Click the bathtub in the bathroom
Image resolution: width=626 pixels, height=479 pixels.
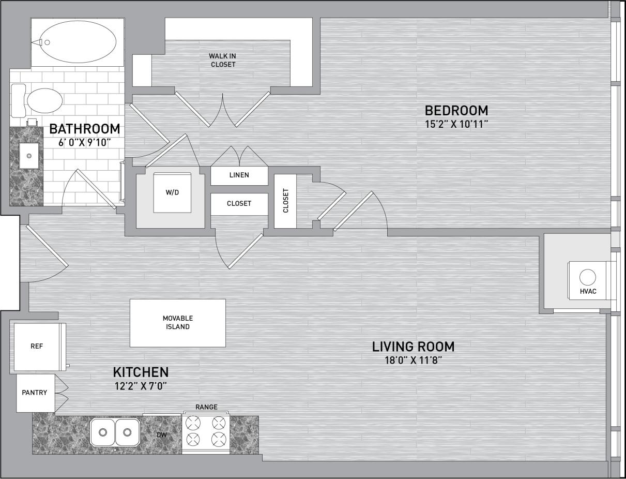coord(78,43)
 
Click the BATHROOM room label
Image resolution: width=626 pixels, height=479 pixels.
coord(84,129)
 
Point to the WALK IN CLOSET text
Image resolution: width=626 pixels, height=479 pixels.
coord(222,60)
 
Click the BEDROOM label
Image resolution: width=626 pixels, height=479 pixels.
coord(456,110)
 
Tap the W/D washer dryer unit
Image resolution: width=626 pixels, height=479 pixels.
coord(173,192)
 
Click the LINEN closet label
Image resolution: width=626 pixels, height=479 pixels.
coord(239,175)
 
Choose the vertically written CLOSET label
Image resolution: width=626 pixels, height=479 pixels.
coord(286,201)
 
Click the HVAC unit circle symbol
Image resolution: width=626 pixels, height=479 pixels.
coord(588,277)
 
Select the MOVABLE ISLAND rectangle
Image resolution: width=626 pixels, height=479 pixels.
coord(177,323)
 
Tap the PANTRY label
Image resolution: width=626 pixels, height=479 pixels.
coord(35,393)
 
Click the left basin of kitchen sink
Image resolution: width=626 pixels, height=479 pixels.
coord(103,432)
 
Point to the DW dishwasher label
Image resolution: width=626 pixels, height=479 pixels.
coord(162,435)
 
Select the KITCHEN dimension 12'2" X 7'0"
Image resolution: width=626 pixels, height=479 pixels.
coord(140,385)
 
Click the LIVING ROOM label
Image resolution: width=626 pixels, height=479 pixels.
coord(414,346)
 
